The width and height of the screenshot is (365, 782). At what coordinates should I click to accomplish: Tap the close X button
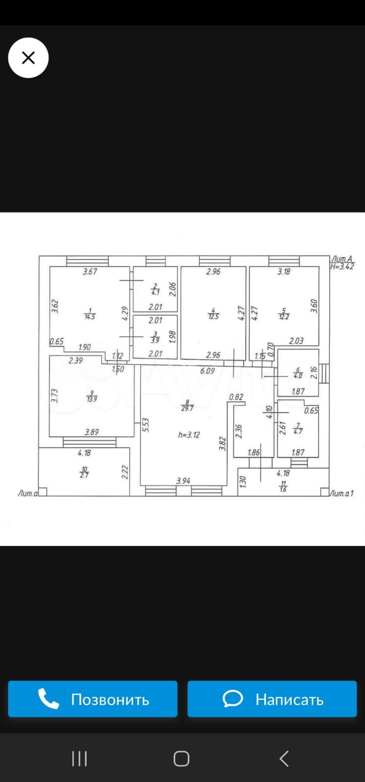(x=28, y=58)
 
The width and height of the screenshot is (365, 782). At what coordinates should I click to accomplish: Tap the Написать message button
(x=272, y=699)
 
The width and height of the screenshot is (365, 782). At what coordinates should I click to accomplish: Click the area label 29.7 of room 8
(x=187, y=408)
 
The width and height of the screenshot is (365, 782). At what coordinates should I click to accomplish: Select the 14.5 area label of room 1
(x=90, y=316)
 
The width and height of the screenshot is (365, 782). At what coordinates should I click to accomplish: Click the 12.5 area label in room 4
(x=213, y=316)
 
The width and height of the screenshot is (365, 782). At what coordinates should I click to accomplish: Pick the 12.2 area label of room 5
(x=284, y=316)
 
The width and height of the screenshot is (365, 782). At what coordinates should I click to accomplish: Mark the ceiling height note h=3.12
(x=189, y=434)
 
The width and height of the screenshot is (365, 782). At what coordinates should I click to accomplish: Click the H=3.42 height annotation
(x=342, y=266)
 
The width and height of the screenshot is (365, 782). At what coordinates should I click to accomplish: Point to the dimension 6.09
(x=207, y=371)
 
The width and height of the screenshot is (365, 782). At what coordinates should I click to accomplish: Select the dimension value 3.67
(x=90, y=272)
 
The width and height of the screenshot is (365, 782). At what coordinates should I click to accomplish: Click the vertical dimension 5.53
(x=145, y=425)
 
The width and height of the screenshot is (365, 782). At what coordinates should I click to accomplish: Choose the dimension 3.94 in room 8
(x=183, y=481)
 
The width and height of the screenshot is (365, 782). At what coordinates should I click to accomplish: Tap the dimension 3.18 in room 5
(x=284, y=272)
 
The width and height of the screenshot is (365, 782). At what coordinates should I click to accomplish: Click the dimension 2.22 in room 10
(x=125, y=472)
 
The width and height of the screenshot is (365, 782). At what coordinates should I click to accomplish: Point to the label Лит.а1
(x=342, y=494)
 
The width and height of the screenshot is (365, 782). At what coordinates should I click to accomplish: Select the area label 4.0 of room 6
(x=298, y=375)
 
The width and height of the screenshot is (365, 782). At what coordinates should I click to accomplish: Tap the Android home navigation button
(x=182, y=759)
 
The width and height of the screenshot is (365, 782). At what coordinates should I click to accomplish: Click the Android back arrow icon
(x=284, y=759)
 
